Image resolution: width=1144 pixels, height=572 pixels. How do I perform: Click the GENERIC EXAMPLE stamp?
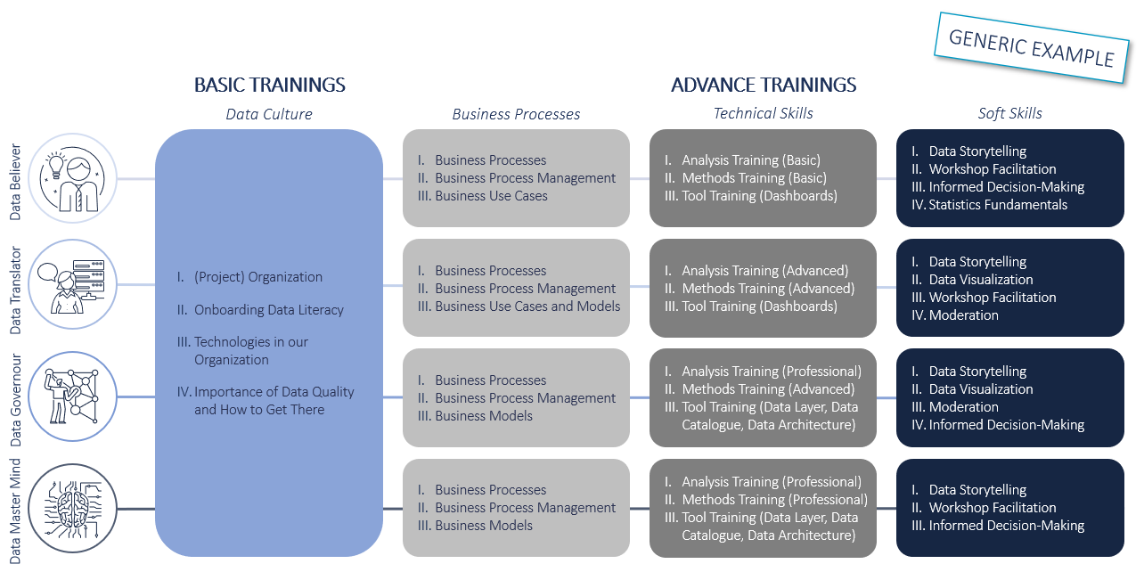tap(1032, 47)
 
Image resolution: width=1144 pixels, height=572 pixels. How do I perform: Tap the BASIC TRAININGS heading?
tap(270, 85)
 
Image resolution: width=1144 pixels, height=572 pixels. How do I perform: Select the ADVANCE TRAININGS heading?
tap(764, 85)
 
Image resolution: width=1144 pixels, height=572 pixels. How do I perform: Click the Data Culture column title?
tap(269, 114)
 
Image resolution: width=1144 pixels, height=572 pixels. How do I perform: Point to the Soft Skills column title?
tap(1009, 113)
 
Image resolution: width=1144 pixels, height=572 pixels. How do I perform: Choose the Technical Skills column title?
tap(763, 113)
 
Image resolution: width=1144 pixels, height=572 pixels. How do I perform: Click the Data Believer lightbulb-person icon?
tap(72, 178)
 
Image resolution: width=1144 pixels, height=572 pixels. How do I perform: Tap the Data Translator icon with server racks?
tap(72, 284)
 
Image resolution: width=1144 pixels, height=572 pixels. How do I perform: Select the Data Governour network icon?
tap(72, 396)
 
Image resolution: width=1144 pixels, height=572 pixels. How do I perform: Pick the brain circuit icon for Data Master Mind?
tap(72, 508)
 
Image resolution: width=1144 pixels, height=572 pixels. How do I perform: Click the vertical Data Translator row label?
tap(16, 290)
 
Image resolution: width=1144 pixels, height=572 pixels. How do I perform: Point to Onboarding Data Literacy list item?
tap(269, 310)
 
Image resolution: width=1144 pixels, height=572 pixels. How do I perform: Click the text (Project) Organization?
tap(257, 277)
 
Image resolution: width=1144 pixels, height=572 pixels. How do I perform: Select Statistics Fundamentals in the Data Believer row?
tap(998, 205)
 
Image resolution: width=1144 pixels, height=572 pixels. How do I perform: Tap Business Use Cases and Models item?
tap(527, 306)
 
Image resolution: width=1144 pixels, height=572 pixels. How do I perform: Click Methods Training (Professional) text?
tap(775, 500)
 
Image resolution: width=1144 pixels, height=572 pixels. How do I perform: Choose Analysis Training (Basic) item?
tap(751, 160)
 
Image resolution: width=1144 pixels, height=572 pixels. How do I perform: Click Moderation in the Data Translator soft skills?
tap(963, 315)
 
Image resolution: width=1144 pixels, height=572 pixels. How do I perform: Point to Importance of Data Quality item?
tap(274, 400)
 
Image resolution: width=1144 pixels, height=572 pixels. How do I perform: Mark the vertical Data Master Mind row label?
tap(16, 511)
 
